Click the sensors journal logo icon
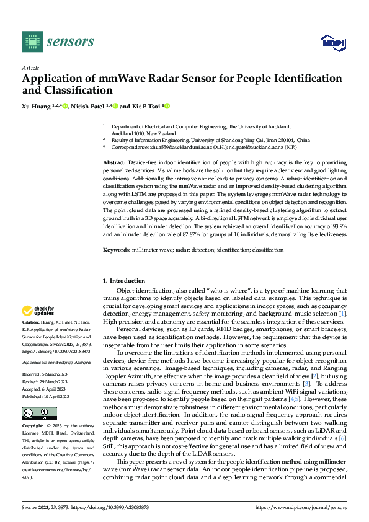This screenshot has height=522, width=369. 32,42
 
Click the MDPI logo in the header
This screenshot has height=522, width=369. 332,42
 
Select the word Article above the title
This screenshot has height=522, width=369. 30,68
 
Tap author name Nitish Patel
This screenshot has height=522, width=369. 91,106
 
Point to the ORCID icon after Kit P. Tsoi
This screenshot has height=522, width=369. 167,106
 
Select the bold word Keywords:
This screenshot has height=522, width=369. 116,250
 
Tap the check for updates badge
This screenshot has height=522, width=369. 39,311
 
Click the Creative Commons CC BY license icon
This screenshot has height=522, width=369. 35,414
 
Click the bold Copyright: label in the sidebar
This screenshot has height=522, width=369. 33,427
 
